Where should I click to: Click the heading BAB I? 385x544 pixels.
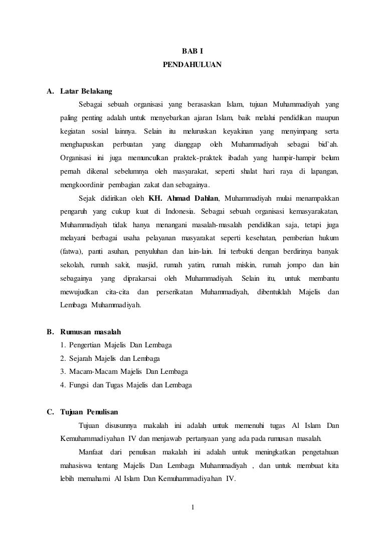point(192,51)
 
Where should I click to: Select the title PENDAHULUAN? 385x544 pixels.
point(192,65)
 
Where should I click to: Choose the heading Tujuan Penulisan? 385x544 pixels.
point(89,412)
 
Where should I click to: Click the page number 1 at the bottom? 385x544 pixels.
point(192,509)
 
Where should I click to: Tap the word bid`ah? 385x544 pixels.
point(328,145)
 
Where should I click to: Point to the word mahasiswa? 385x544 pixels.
point(76,465)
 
